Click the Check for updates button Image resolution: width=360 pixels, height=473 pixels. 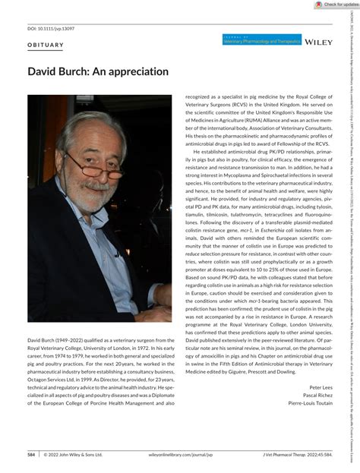point(336,5)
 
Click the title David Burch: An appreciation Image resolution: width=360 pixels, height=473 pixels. point(87,72)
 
